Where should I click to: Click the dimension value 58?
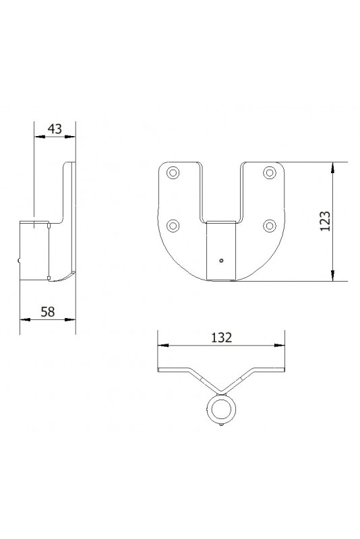(49, 312)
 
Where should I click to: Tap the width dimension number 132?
(220, 338)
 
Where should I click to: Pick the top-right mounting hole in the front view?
(270, 172)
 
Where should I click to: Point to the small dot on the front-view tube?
(221, 259)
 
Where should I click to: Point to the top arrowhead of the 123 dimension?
(333, 167)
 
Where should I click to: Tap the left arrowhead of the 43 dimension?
(38, 136)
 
